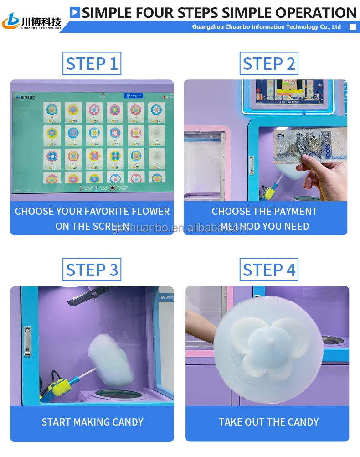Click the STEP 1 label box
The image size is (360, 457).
[92, 63]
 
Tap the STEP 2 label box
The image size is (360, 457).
[269, 63]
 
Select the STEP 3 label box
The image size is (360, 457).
[92, 270]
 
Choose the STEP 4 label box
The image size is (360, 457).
[269, 270]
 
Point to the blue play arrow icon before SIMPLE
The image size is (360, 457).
[75, 12]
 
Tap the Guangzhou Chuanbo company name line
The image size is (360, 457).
[266, 27]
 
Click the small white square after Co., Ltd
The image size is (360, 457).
[352, 27]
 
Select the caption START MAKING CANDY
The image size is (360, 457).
[92, 422]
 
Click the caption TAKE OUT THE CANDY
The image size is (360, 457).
[268, 422]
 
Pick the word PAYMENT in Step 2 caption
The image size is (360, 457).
[293, 212]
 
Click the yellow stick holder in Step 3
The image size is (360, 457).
[60, 385]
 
